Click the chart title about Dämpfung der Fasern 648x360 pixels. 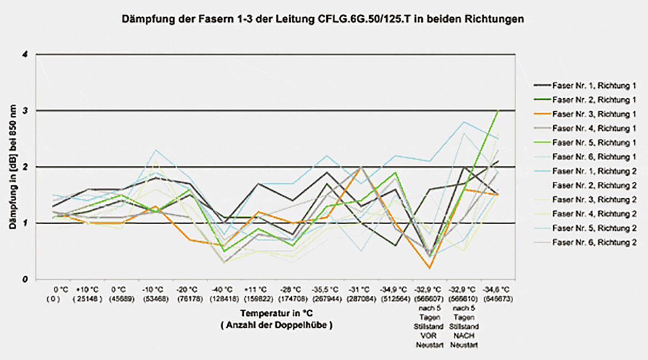pos(322,19)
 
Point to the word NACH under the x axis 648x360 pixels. pos(464,336)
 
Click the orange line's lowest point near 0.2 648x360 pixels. pos(430,268)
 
